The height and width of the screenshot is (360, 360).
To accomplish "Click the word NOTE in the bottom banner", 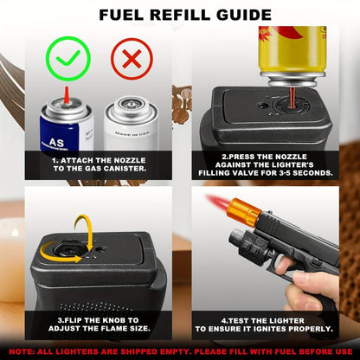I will coord(23,353).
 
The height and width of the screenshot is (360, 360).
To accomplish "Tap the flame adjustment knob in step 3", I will coord(66,249).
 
